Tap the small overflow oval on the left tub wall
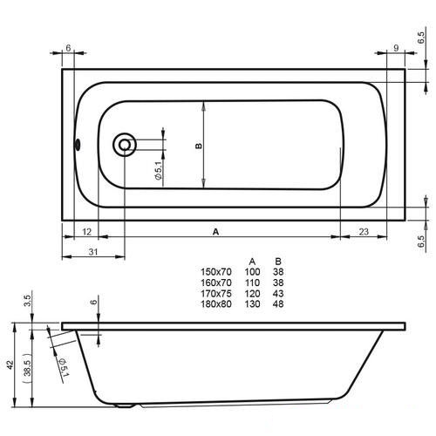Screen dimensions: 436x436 click(78, 145)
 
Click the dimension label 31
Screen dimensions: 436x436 click(93, 252)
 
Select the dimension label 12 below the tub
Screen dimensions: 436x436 click(86, 232)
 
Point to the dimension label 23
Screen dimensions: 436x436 click(364, 232)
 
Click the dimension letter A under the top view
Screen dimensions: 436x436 click(215, 232)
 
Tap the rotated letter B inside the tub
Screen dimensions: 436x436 click(199, 146)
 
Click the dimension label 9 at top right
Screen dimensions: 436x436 click(396, 48)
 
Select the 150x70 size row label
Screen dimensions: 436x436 click(216, 272)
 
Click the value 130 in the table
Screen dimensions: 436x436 click(252, 304)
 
